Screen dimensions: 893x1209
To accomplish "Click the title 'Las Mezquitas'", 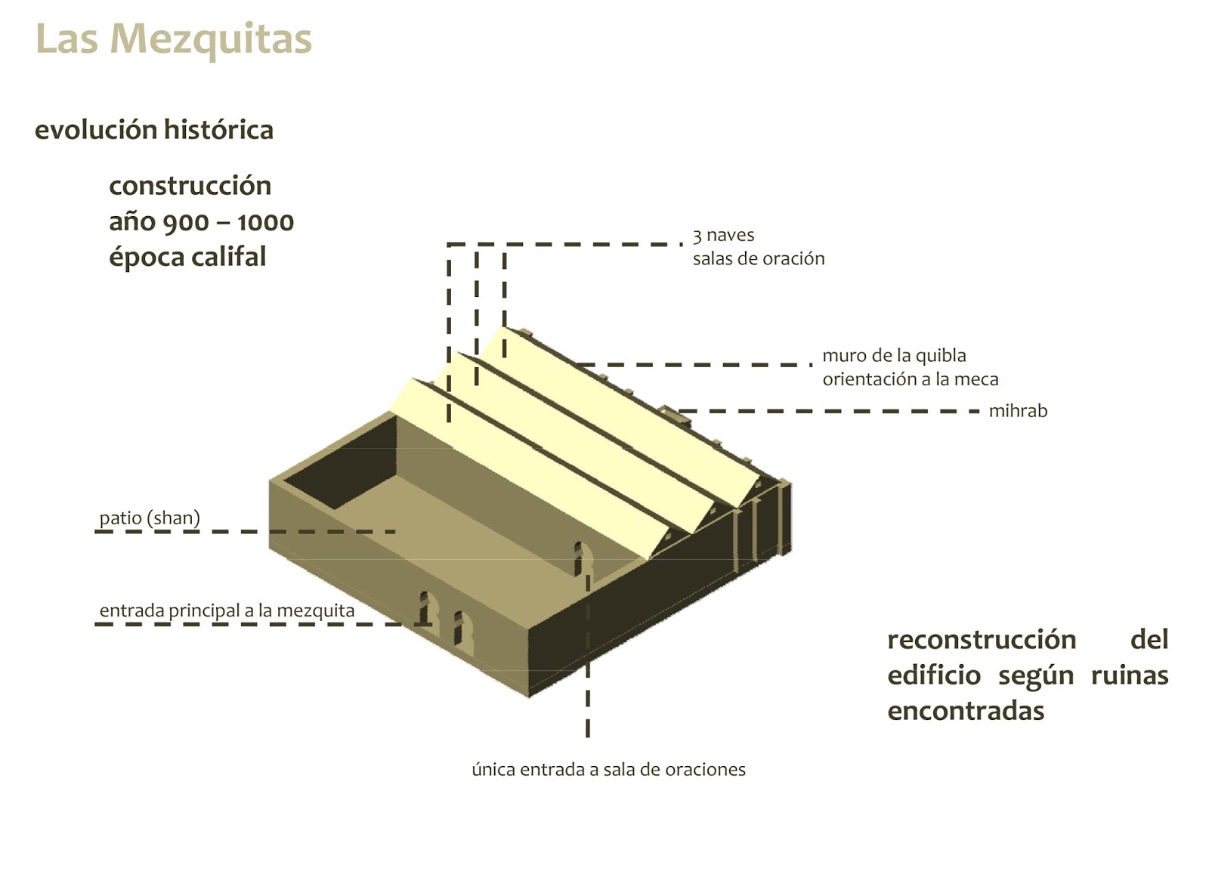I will click(x=173, y=39).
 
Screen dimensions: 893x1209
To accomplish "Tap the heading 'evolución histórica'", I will click(x=154, y=130).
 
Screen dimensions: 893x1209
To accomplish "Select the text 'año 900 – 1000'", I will click(x=201, y=222).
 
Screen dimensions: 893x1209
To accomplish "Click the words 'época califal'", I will click(x=187, y=258).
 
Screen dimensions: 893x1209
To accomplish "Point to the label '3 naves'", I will click(x=723, y=236).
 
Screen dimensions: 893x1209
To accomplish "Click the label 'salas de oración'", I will click(x=758, y=259).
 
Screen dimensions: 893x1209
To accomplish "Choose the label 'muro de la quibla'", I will click(x=893, y=356).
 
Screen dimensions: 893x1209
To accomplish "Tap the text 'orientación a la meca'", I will click(x=910, y=379).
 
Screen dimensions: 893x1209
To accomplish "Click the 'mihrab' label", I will click(x=1017, y=412).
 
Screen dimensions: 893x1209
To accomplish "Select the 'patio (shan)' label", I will click(x=150, y=518).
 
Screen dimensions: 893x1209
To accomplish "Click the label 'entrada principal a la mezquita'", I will click(x=227, y=610).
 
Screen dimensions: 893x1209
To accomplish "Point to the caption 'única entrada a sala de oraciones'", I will click(x=608, y=770).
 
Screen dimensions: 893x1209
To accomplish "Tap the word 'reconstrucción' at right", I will click(x=981, y=640).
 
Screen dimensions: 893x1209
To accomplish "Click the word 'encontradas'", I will click(x=965, y=711).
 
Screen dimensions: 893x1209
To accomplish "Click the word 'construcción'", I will click(x=190, y=186).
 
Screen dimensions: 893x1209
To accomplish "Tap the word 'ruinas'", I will click(x=1129, y=675).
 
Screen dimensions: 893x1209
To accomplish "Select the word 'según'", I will click(x=1035, y=675).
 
